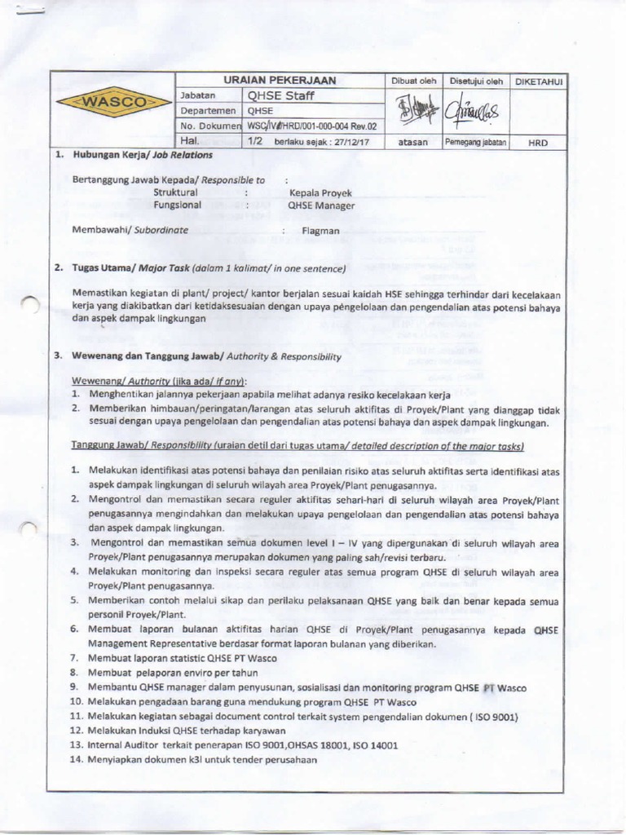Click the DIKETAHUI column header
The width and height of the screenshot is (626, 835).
click(x=538, y=82)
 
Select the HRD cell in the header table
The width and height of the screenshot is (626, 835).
click(x=538, y=142)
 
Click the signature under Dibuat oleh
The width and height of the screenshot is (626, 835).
click(x=413, y=110)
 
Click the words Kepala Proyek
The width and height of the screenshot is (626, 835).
click(x=320, y=193)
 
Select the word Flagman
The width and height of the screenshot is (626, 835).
click(x=320, y=231)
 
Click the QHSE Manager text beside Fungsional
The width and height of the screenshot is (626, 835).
click(x=321, y=206)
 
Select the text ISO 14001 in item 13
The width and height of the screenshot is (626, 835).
click(x=377, y=745)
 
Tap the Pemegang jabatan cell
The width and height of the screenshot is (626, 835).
click(x=475, y=142)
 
